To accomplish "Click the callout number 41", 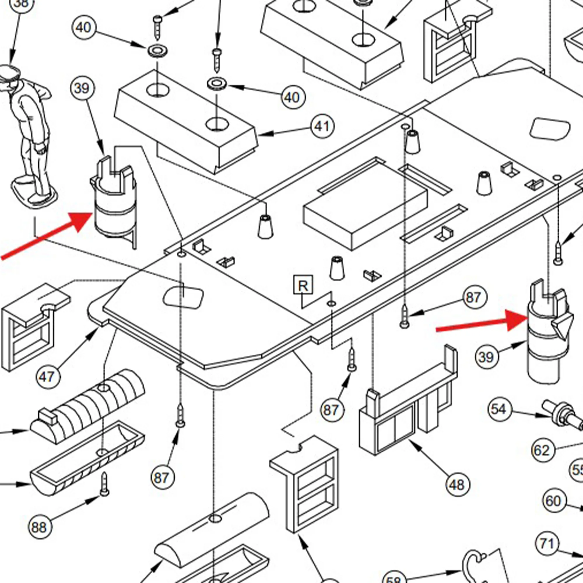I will (323, 127).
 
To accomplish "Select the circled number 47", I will (48, 377).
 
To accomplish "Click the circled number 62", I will (542, 451).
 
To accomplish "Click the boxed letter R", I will (303, 285).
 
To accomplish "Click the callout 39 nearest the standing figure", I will (82, 88).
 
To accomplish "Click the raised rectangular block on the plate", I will (365, 208).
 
